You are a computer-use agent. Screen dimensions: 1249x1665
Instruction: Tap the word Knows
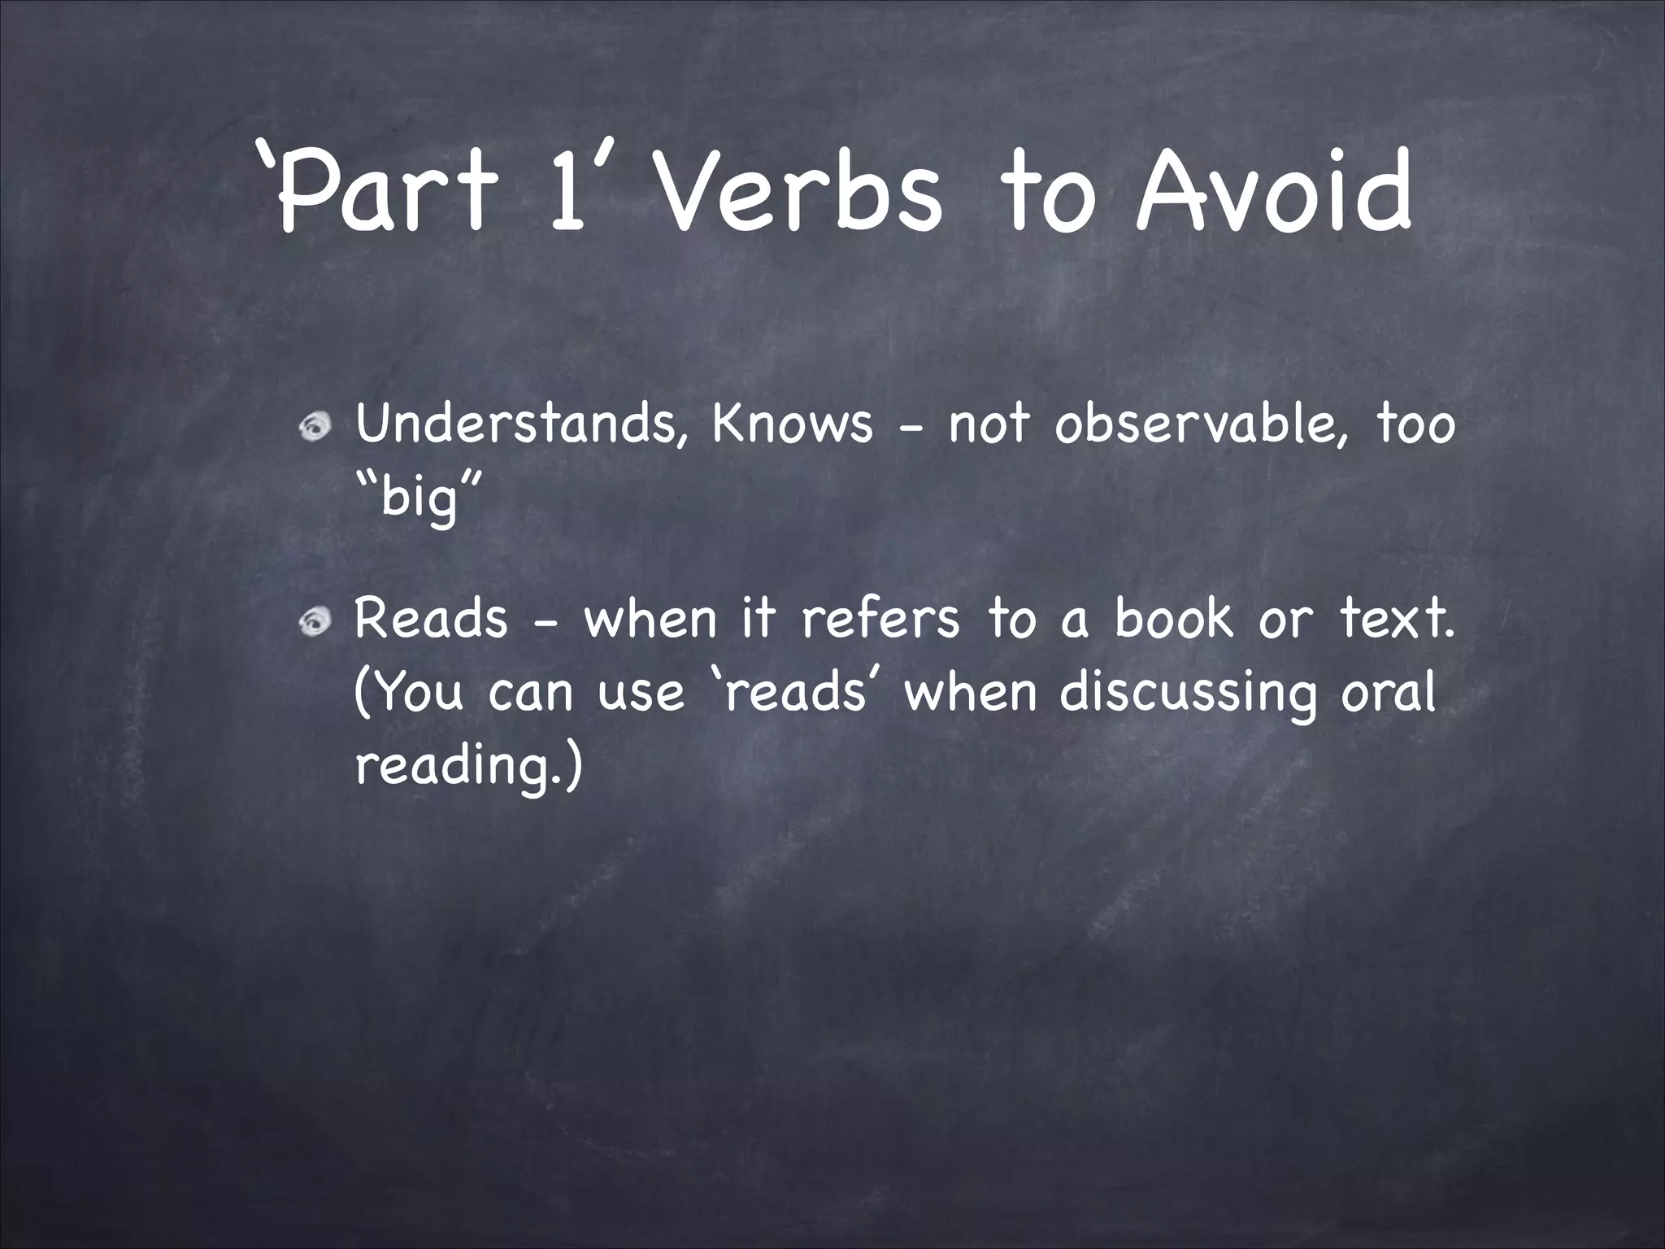pos(792,424)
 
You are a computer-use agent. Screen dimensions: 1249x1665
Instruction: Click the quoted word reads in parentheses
pos(793,693)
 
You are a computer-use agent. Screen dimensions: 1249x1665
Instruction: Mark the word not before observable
pos(989,424)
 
